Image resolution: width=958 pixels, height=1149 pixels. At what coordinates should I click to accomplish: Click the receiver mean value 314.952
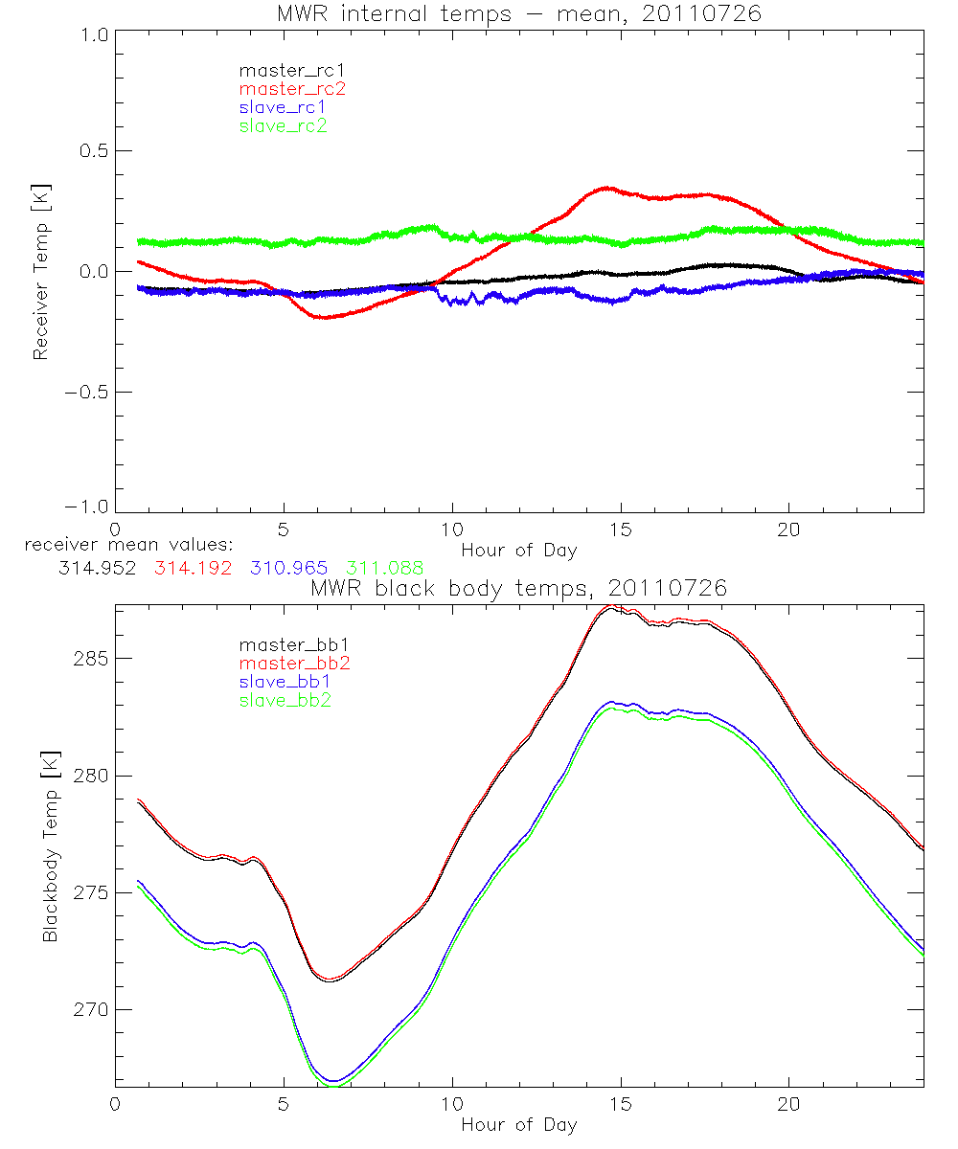click(x=96, y=568)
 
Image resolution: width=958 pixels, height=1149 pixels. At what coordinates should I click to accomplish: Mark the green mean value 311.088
click(x=384, y=568)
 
